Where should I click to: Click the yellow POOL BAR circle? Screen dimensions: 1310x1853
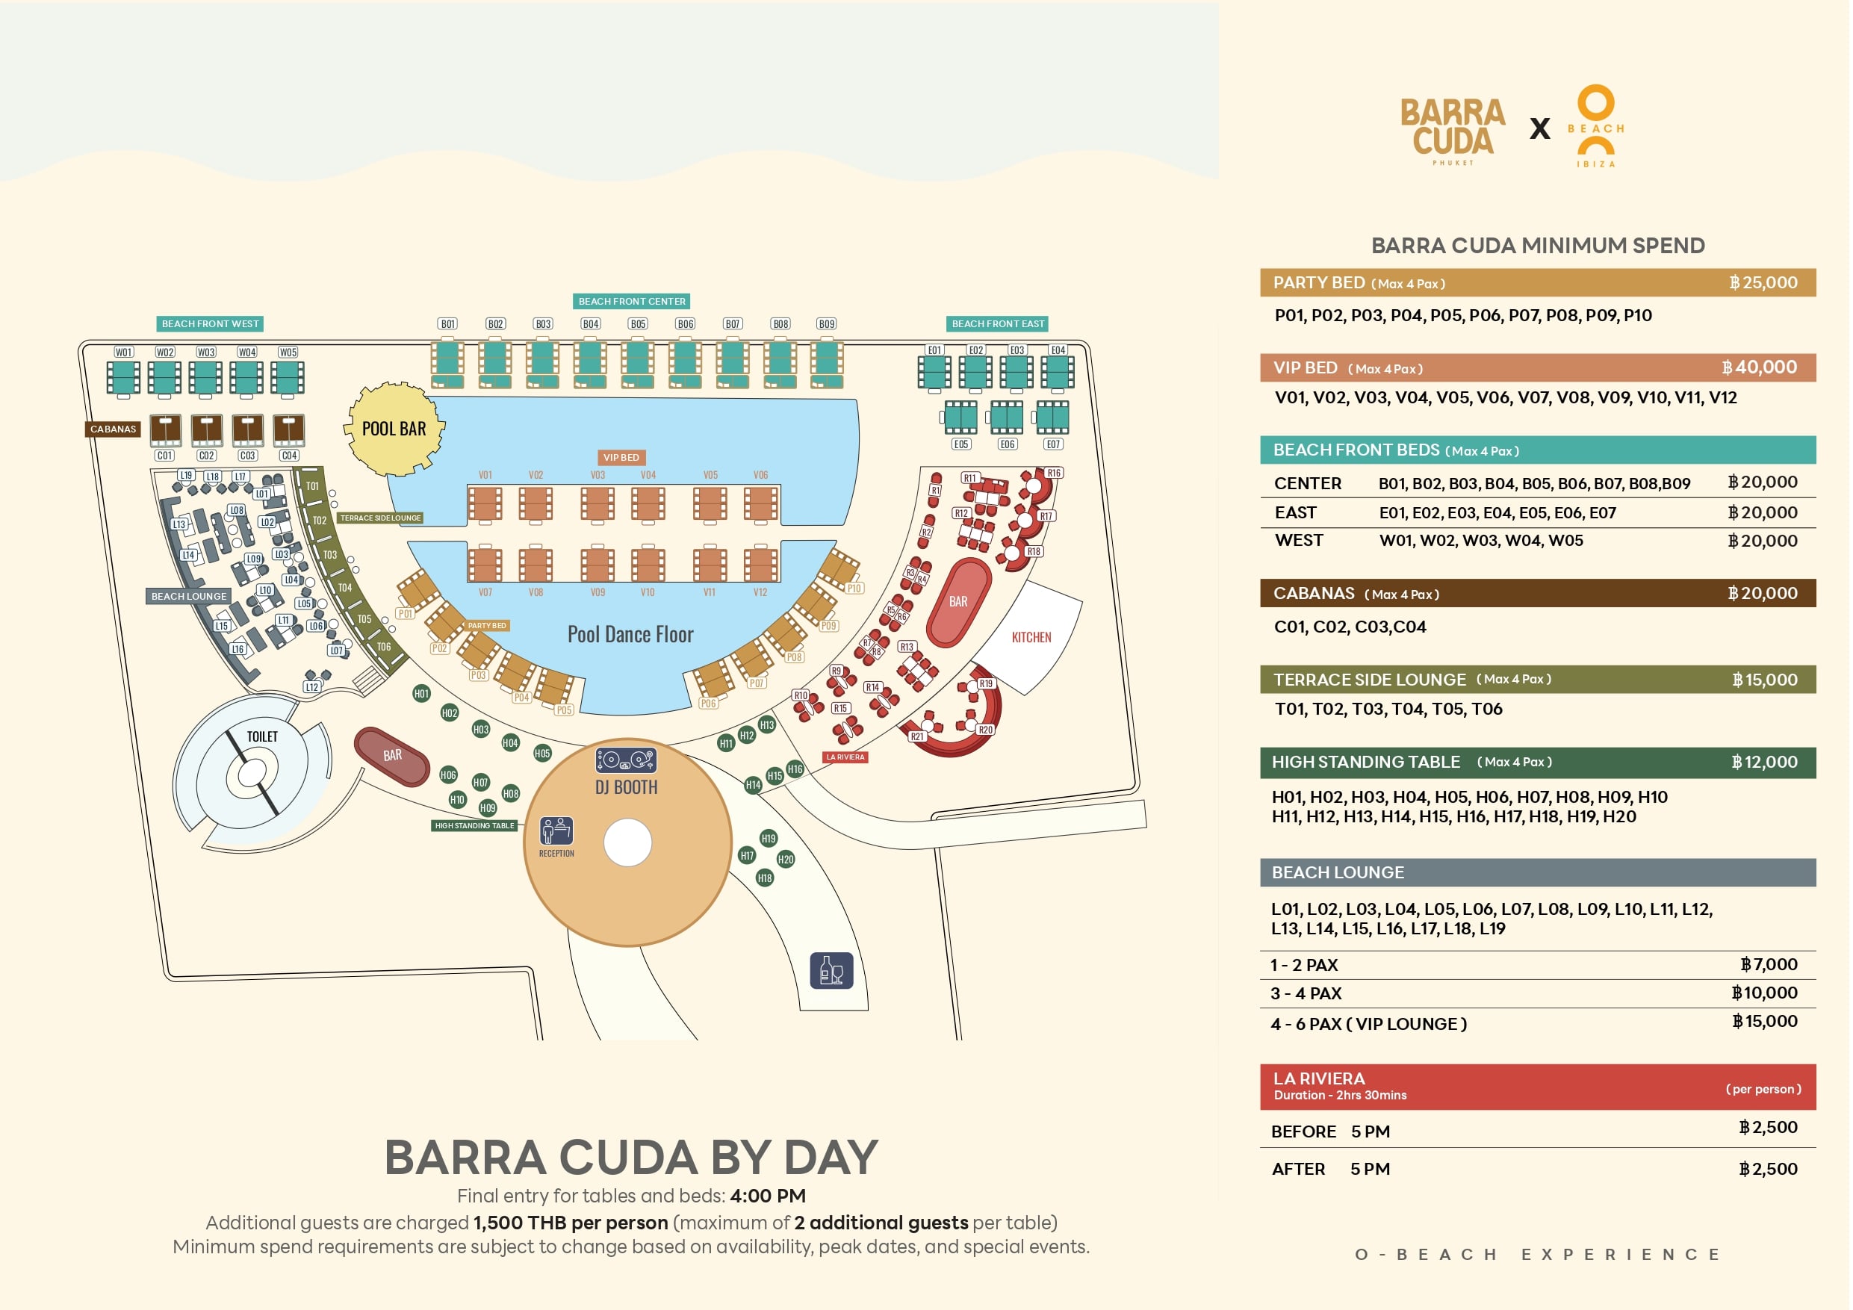click(394, 429)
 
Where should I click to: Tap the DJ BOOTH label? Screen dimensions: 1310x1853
click(627, 787)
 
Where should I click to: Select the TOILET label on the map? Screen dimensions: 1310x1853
click(262, 736)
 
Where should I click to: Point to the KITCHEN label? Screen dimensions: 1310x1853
click(1031, 637)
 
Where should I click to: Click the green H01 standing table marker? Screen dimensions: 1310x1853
click(421, 693)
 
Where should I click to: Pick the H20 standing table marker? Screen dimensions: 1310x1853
click(785, 859)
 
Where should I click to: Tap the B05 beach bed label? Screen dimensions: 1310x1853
click(639, 323)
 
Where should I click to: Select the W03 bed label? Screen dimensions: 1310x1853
click(206, 352)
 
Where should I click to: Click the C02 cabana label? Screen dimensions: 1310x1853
click(207, 456)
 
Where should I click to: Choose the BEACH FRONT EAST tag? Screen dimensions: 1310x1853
click(998, 323)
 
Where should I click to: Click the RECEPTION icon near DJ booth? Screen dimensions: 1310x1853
click(557, 831)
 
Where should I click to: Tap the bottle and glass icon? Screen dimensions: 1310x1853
click(831, 970)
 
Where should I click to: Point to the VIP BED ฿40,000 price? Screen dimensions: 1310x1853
click(1759, 367)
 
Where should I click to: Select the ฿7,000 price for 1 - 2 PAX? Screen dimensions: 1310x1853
click(1769, 963)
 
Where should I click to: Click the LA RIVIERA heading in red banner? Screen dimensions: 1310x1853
click(1319, 1078)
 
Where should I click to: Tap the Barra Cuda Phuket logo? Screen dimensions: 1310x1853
click(1453, 129)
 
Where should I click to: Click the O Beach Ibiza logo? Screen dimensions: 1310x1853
click(1595, 126)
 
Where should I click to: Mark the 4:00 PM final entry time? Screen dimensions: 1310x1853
click(768, 1196)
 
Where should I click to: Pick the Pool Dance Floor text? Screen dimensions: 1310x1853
click(630, 634)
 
